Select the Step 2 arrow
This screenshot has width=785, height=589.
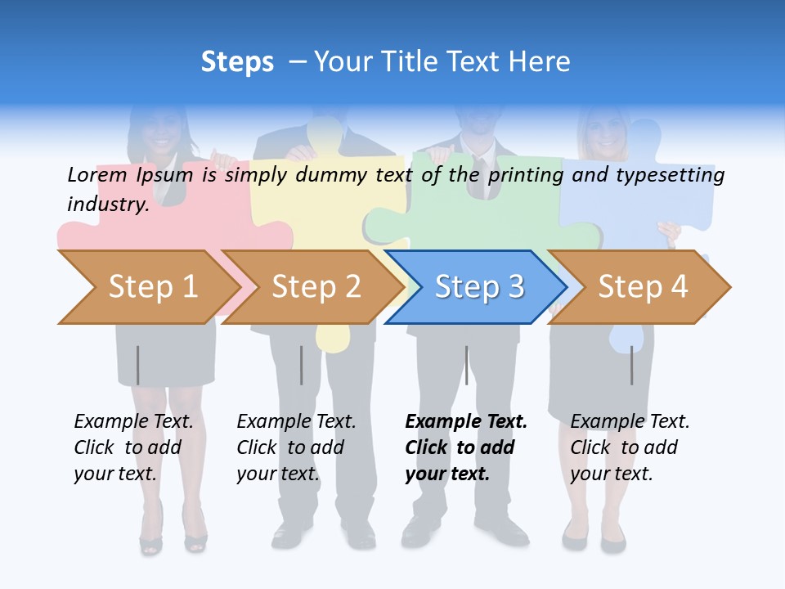click(x=315, y=287)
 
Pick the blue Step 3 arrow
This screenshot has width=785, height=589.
click(x=478, y=287)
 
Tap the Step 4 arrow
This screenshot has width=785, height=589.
click(x=642, y=287)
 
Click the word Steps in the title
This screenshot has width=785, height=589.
click(x=237, y=62)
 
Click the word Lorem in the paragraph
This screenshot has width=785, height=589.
click(x=97, y=174)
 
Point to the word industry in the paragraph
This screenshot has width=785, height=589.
click(x=107, y=205)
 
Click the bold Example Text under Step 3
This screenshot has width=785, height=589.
click(x=466, y=422)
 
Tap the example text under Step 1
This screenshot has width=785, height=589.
click(x=133, y=447)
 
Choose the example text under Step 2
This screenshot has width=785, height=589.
click(x=296, y=447)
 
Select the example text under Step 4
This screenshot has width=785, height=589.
click(x=630, y=447)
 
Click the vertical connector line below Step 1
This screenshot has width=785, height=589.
click(x=138, y=365)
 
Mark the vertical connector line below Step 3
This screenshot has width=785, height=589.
click(x=466, y=365)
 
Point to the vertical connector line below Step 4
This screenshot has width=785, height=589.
click(x=631, y=365)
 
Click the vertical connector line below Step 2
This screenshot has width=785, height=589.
click(x=302, y=365)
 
